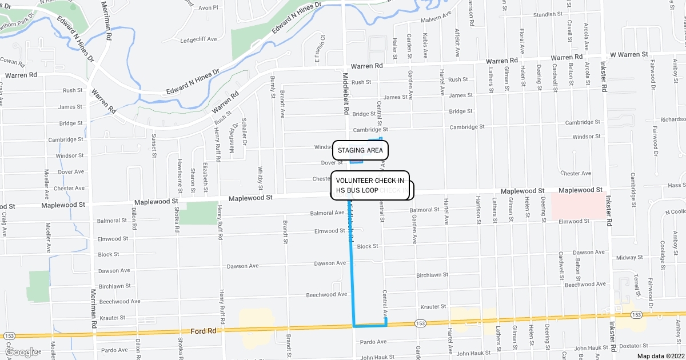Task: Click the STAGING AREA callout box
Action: tap(360, 150)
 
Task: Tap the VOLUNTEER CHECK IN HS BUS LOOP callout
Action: tap(370, 185)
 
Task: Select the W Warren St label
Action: tap(628, 54)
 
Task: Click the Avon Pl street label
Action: tap(208, 8)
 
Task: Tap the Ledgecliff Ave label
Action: tap(198, 39)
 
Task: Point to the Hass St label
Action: tap(676, 185)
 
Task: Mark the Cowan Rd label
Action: tap(10, 59)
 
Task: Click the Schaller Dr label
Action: tap(244, 131)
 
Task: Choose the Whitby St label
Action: tap(260, 178)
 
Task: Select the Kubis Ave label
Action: tap(425, 46)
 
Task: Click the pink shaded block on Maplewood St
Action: tap(577, 206)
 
